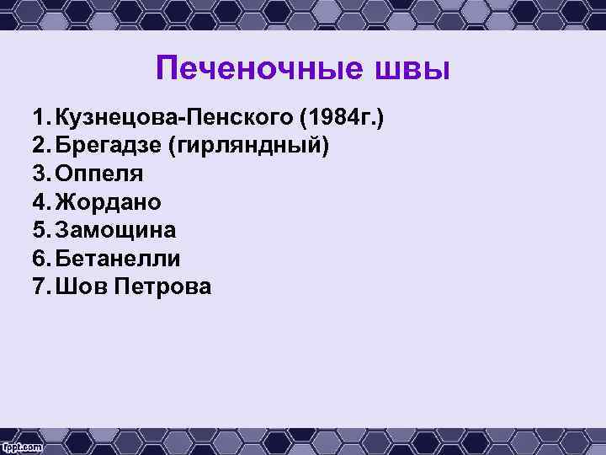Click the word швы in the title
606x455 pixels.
(412, 68)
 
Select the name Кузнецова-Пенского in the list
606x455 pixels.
(169, 116)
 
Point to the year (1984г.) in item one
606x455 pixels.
(336, 116)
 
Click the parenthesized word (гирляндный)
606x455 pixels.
(249, 145)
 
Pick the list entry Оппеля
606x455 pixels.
(99, 174)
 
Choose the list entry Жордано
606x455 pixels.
(109, 202)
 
